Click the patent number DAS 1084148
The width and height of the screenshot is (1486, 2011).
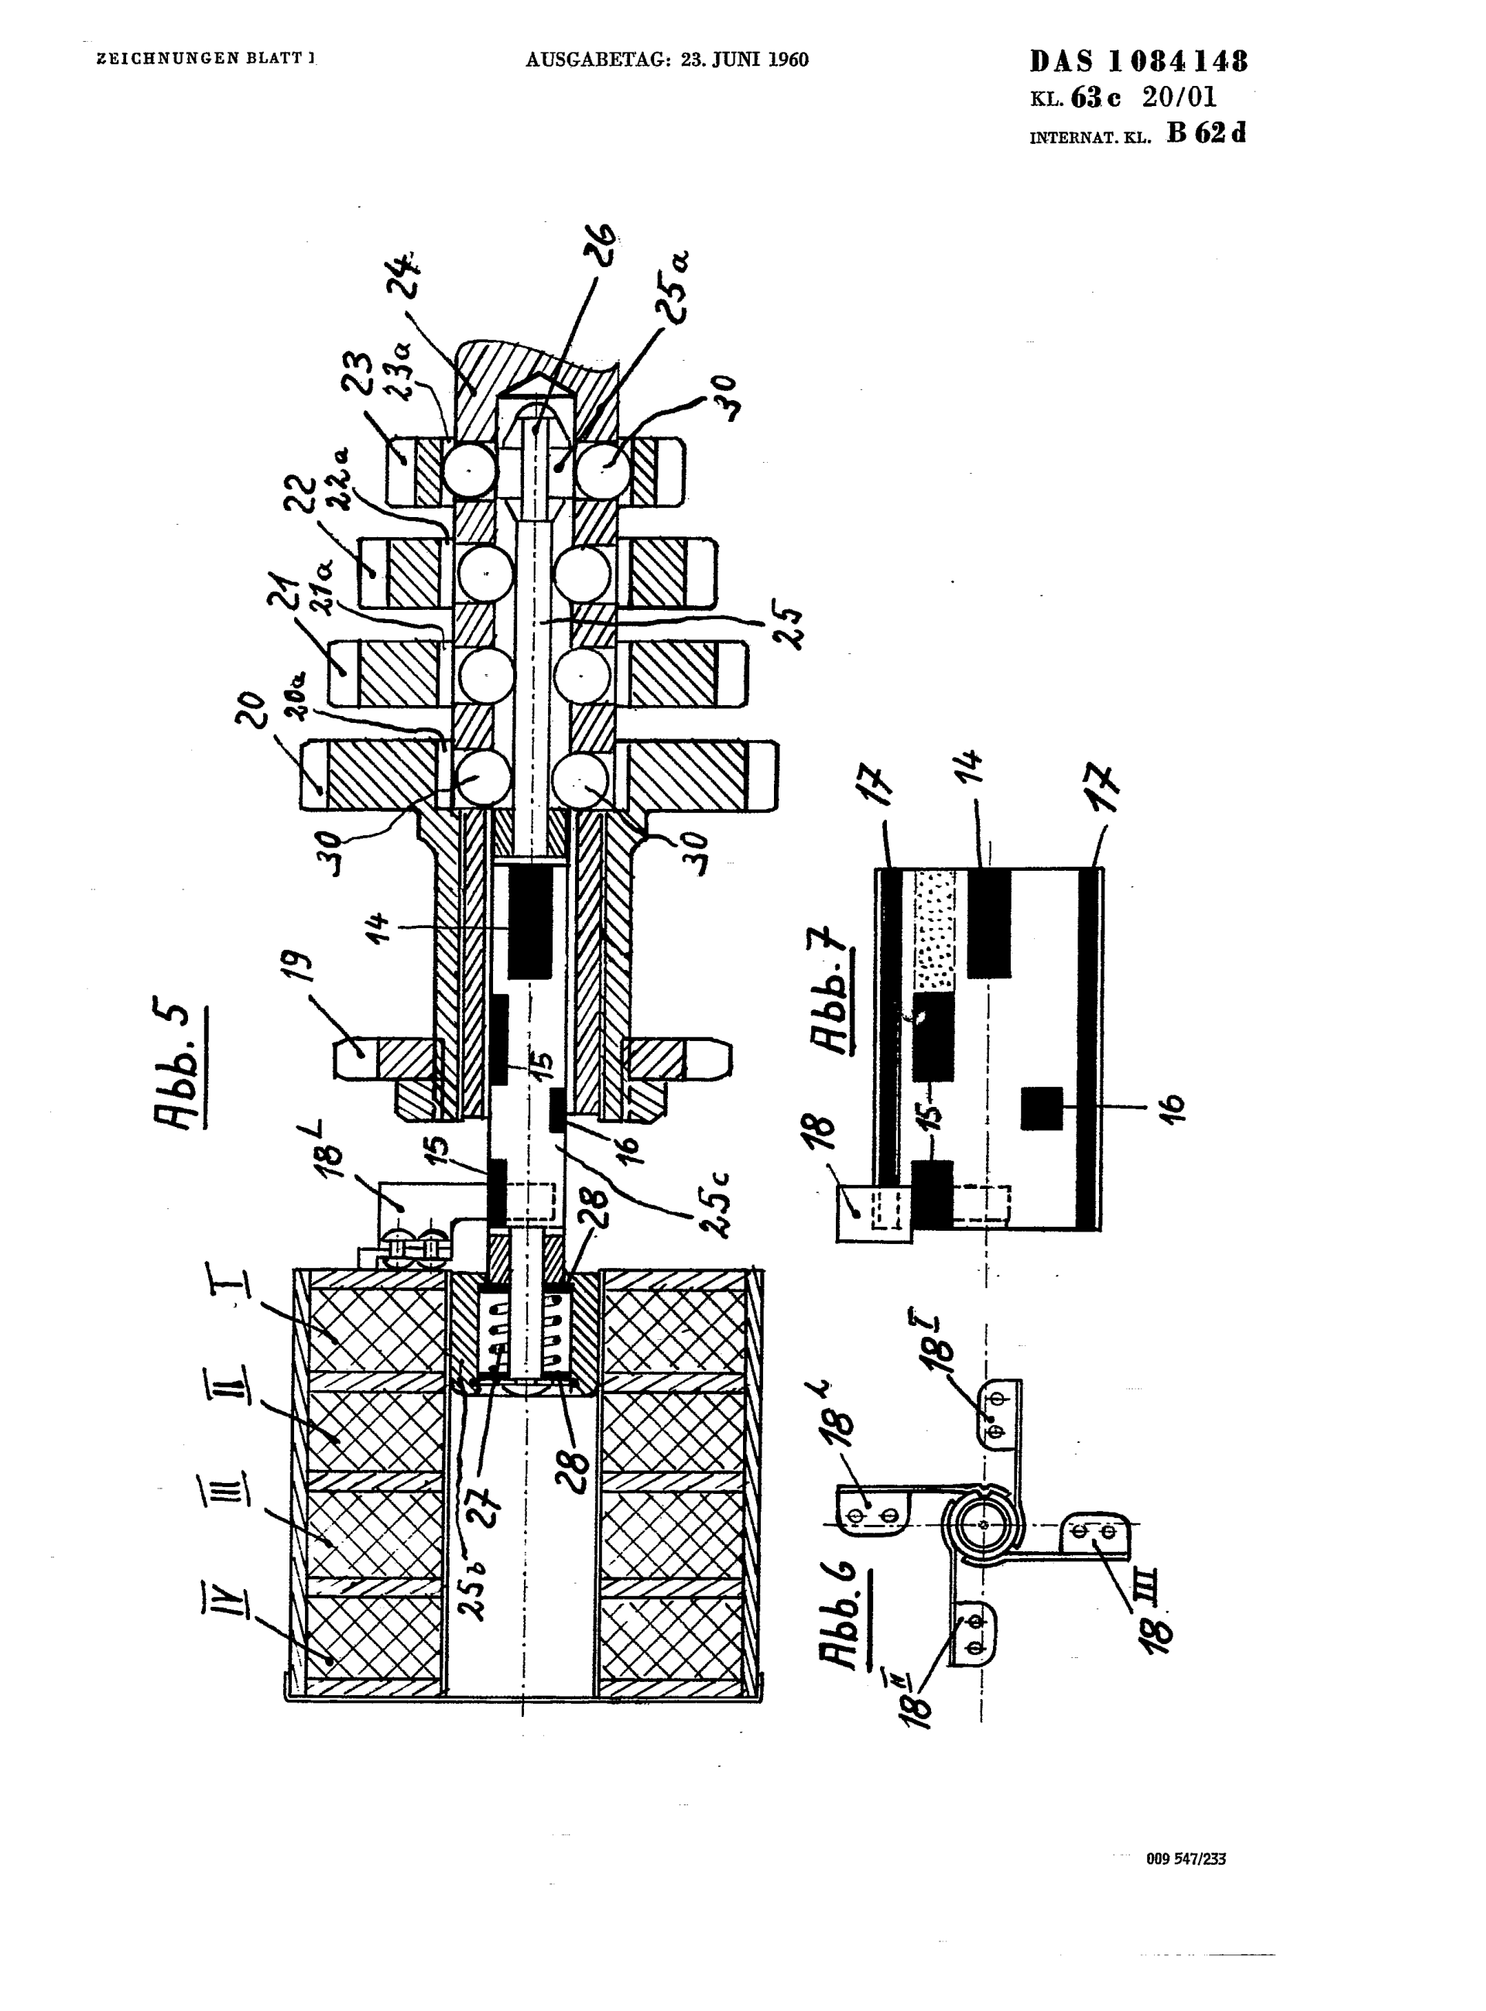point(1138,61)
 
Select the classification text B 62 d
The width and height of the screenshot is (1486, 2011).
point(1205,133)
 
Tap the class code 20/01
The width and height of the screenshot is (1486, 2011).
point(1179,97)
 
